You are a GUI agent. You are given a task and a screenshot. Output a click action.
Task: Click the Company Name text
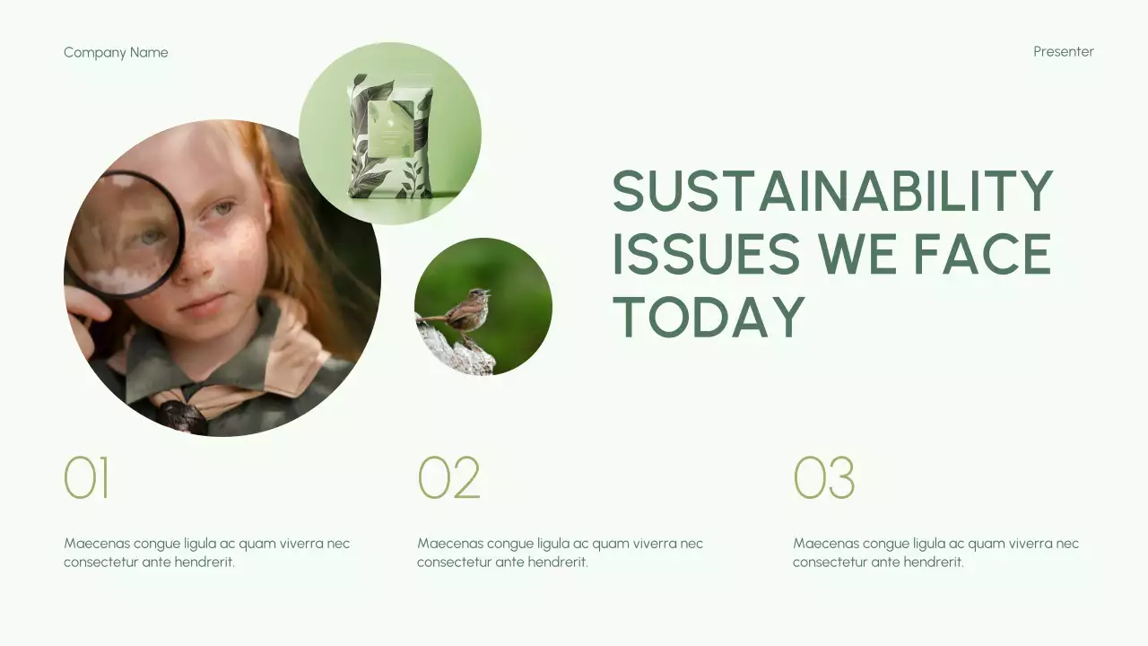(116, 52)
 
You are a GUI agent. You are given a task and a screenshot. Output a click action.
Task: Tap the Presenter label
(1063, 51)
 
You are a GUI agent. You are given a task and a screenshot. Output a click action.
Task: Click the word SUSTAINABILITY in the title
(832, 191)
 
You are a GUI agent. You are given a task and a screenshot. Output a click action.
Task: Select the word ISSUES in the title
(706, 254)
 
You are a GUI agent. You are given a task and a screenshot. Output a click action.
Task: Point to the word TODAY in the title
(709, 317)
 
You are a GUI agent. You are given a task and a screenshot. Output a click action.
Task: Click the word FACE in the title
(982, 254)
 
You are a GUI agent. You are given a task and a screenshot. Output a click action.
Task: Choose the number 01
(86, 478)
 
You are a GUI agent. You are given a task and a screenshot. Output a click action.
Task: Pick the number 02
(448, 478)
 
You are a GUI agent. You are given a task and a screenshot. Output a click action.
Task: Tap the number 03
(823, 478)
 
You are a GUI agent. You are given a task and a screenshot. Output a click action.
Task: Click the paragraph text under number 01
(206, 553)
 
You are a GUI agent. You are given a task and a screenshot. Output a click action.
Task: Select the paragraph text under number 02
(560, 553)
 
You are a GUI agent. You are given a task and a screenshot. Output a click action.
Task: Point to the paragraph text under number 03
(935, 553)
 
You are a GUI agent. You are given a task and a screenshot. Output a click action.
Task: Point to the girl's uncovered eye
(222, 210)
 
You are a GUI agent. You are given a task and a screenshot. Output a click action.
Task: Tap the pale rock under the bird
(457, 355)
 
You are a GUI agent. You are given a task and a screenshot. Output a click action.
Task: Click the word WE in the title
(857, 254)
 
